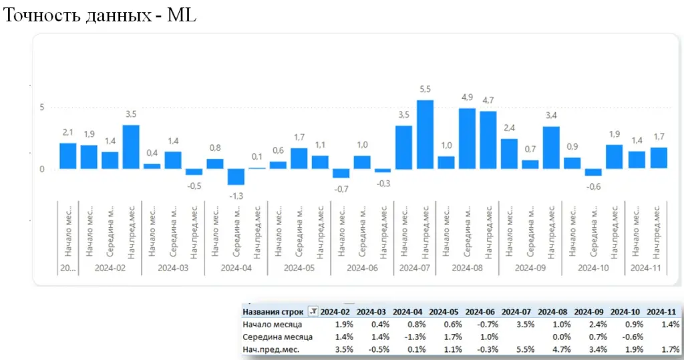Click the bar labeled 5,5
[425, 134]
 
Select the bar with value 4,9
[467, 138]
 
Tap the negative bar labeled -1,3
[236, 176]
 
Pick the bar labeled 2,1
[67, 156]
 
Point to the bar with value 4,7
[488, 140]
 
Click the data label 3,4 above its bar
[551, 116]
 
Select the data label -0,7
[341, 189]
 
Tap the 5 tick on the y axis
[41, 107]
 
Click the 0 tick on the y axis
[41, 169]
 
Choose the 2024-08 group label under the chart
[467, 268]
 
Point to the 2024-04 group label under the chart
[236, 268]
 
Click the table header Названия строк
[273, 311]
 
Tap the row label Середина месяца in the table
[277, 337]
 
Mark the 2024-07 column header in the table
[515, 311]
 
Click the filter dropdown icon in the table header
[313, 311]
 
